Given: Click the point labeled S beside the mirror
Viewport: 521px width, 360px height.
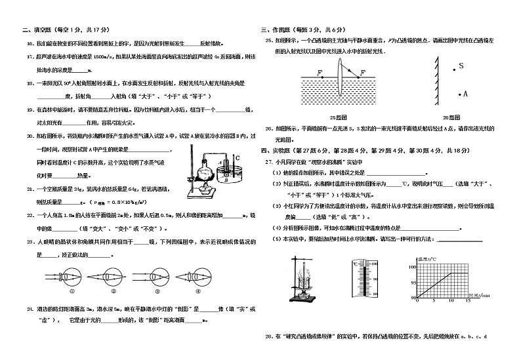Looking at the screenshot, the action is click(453, 66).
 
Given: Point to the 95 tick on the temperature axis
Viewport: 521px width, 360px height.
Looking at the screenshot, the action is click(413, 283).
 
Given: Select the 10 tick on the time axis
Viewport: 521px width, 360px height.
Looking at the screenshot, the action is click(451, 302).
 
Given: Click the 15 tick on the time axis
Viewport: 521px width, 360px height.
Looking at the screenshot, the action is click(468, 302).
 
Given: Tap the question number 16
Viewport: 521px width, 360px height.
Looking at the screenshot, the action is click(30, 45).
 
